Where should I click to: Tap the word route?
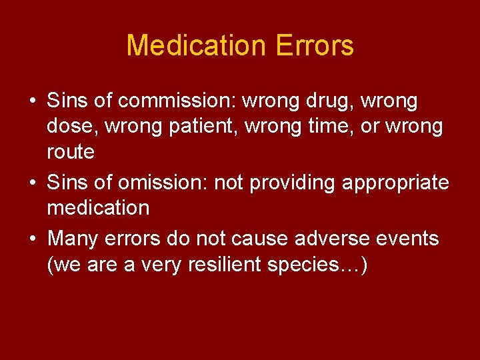pos(71,152)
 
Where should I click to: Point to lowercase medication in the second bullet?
pos(98,208)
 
